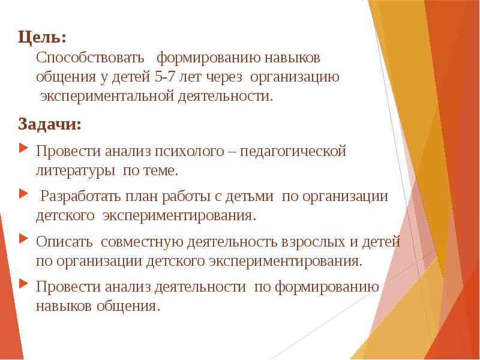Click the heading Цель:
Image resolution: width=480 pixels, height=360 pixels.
pyautogui.click(x=42, y=38)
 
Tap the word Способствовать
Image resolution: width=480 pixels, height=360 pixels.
pyautogui.click(x=91, y=59)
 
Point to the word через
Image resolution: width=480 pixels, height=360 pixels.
pyautogui.click(x=226, y=77)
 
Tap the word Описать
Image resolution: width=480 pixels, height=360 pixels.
pyautogui.click(x=64, y=242)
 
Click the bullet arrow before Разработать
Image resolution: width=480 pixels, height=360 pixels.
pyautogui.click(x=23, y=194)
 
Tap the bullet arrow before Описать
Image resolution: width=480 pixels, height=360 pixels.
pyautogui.click(x=23, y=239)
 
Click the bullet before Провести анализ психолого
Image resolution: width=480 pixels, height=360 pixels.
pyautogui.click(x=23, y=148)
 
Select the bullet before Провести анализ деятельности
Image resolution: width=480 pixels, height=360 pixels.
pyautogui.click(x=23, y=284)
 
